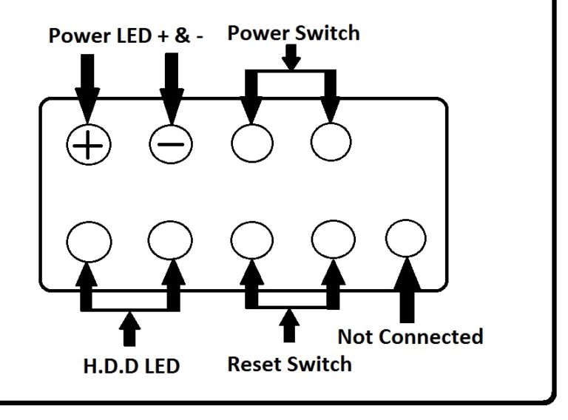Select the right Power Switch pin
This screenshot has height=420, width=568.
[331, 141]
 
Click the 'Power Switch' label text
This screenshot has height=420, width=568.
[293, 33]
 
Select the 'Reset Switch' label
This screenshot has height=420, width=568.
[289, 363]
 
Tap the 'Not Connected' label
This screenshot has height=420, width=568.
[410, 336]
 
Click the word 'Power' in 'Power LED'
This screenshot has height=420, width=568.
[77, 37]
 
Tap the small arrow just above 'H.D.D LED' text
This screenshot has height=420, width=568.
[130, 328]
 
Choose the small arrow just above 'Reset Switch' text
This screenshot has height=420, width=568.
[290, 325]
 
